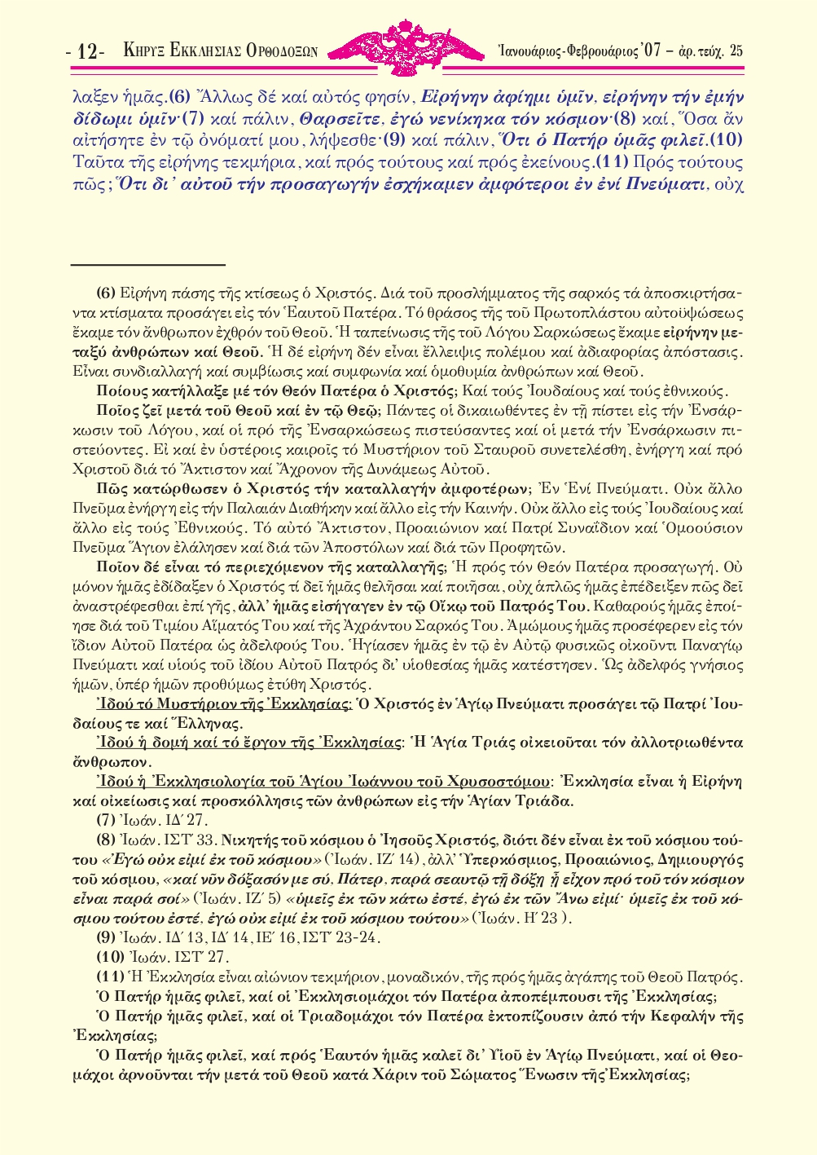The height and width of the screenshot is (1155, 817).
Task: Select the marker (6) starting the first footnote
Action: click(x=106, y=293)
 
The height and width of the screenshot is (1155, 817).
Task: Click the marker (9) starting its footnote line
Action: click(x=106, y=938)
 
